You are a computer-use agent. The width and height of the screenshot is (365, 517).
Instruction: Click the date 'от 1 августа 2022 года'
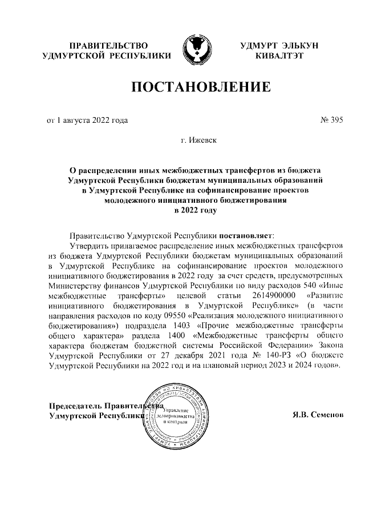click(87, 121)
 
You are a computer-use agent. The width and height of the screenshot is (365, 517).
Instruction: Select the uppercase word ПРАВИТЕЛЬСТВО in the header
click(107, 45)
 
